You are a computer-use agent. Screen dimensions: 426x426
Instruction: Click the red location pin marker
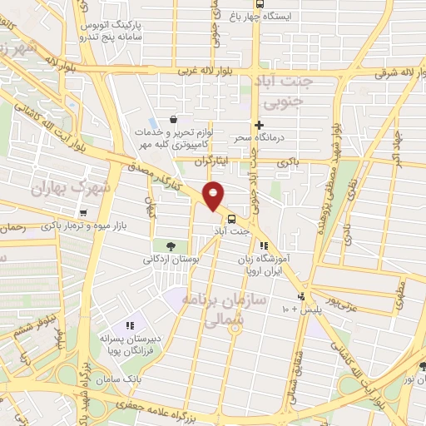(214, 196)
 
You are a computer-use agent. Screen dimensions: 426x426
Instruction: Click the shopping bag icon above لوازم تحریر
(172, 119)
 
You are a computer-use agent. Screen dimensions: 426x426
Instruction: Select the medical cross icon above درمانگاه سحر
(260, 124)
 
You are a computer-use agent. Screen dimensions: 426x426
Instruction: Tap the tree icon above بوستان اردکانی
(170, 245)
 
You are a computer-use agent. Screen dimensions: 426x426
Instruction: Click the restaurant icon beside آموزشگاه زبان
(264, 245)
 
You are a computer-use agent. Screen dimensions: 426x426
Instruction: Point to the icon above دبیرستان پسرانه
(129, 325)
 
